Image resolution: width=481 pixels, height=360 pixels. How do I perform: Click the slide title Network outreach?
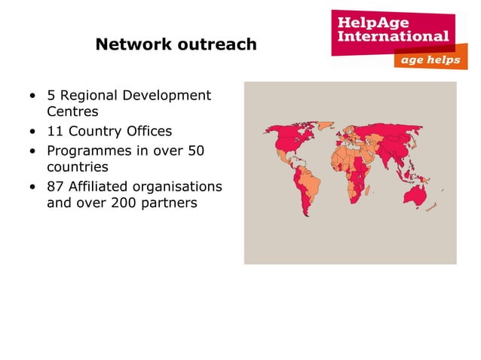coord(176,45)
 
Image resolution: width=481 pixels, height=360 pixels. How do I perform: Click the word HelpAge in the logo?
coord(368,20)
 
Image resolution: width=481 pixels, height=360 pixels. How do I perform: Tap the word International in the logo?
coord(393,35)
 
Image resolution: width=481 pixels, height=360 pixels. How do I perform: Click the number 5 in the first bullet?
coord(51,96)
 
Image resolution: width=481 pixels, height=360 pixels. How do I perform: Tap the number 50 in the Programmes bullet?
coord(195,150)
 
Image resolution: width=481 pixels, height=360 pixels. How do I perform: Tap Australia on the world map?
coord(416,195)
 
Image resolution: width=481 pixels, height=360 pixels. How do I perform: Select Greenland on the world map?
coord(317,125)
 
